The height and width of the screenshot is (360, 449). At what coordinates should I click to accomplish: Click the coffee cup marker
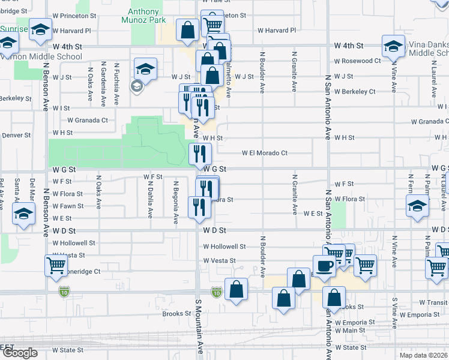click(325, 266)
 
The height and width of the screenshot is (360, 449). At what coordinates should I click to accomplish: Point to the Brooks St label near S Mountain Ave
click(176, 313)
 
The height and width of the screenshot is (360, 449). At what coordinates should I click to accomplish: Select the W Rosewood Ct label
click(358, 61)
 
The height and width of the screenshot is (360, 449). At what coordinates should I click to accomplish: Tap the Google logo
click(19, 353)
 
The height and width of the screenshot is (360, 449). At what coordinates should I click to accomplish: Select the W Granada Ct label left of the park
click(88, 120)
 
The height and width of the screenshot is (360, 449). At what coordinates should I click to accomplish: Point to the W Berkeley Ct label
click(355, 92)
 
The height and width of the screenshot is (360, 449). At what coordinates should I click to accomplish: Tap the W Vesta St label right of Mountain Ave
click(219, 260)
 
